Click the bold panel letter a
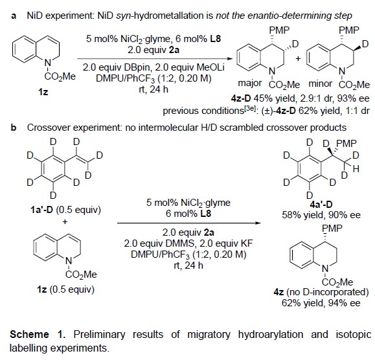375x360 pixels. point(14,16)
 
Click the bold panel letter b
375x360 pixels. point(14,128)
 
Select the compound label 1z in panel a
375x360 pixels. point(43,91)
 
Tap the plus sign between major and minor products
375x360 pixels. point(298,58)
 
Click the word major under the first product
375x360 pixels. point(250,84)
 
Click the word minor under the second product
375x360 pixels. point(321,84)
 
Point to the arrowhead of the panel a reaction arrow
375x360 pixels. point(229,58)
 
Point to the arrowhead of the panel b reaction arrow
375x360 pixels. point(258,223)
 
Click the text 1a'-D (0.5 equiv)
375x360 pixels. point(66,210)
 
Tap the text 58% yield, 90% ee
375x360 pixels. point(321,215)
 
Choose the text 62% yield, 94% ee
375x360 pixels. point(321,303)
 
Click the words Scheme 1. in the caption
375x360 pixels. point(38,334)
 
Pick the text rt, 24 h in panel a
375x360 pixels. point(153,89)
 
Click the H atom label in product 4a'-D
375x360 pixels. point(356,169)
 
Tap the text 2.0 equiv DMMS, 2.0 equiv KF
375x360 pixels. point(188,243)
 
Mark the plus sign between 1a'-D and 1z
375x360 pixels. point(65,221)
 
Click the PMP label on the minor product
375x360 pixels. point(348,30)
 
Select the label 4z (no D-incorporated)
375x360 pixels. point(321,292)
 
